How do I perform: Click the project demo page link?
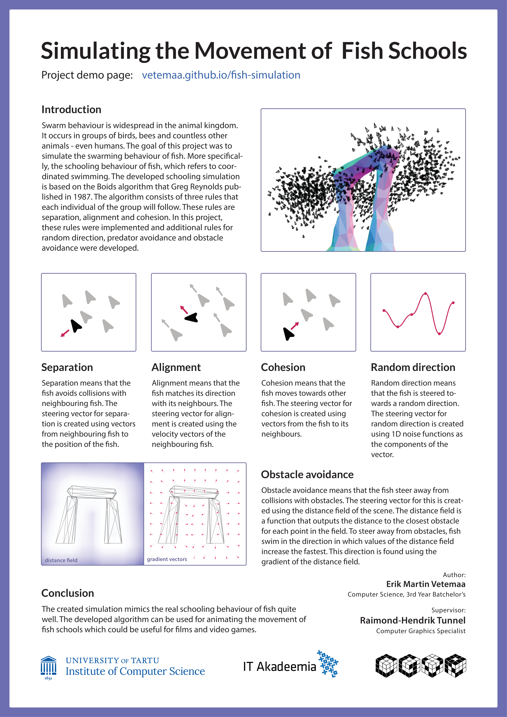(221, 75)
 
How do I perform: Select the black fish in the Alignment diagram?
(192, 318)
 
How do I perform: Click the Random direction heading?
(413, 367)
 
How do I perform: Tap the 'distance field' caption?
(61, 560)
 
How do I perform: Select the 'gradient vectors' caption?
(167, 559)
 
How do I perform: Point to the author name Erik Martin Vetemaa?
(426, 584)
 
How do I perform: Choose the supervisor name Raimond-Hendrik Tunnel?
(412, 621)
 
